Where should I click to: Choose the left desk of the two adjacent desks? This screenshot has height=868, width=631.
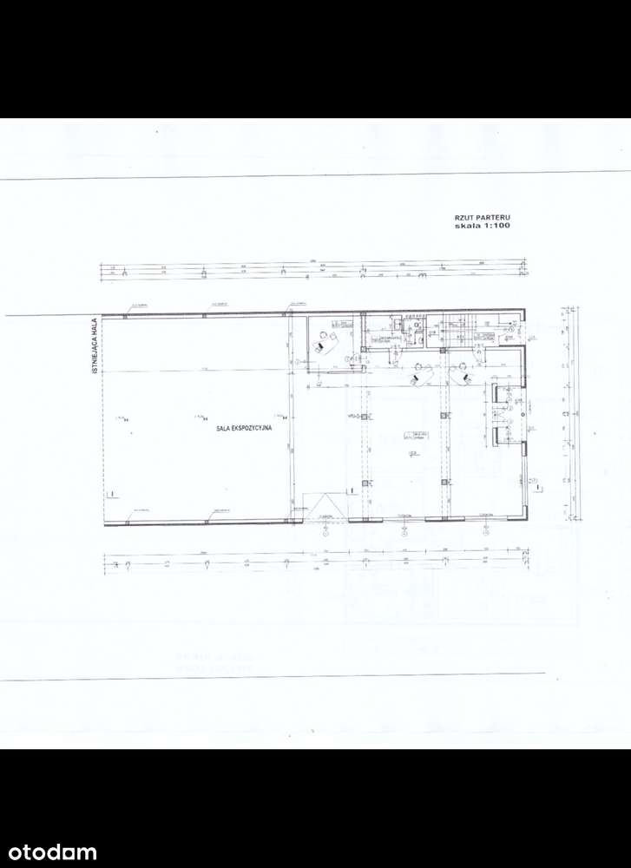(x=421, y=374)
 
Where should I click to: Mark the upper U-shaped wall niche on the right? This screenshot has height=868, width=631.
(x=503, y=395)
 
